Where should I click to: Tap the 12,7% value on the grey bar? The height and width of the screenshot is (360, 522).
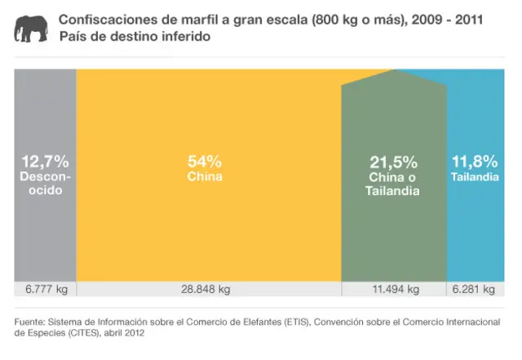click(45, 162)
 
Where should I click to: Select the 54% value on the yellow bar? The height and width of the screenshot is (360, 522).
click(205, 162)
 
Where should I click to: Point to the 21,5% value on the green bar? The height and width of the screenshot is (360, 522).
click(394, 162)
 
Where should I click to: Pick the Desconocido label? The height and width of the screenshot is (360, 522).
click(45, 184)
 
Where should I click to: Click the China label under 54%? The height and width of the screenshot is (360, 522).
click(205, 177)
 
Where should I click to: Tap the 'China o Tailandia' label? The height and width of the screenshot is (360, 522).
click(394, 184)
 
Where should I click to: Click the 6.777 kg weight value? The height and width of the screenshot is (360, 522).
click(46, 289)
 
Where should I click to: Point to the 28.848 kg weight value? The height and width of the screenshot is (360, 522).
click(205, 289)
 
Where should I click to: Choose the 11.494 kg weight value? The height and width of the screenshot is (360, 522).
click(395, 289)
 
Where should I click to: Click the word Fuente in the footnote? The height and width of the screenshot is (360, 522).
click(30, 322)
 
